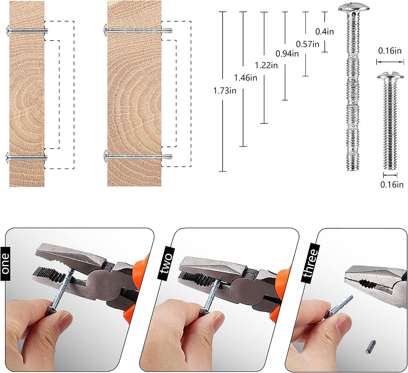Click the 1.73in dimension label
[x=225, y=91]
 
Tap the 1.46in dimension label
[x=246, y=78]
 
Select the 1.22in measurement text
[x=266, y=65]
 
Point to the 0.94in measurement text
[x=287, y=53]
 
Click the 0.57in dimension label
[x=308, y=44]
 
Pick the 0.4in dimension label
[x=324, y=31]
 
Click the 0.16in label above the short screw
[x=390, y=51]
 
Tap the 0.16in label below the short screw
[x=392, y=185]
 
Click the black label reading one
[x=5, y=264]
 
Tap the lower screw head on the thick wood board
[x=106, y=157]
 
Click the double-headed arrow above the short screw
[x=390, y=62]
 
